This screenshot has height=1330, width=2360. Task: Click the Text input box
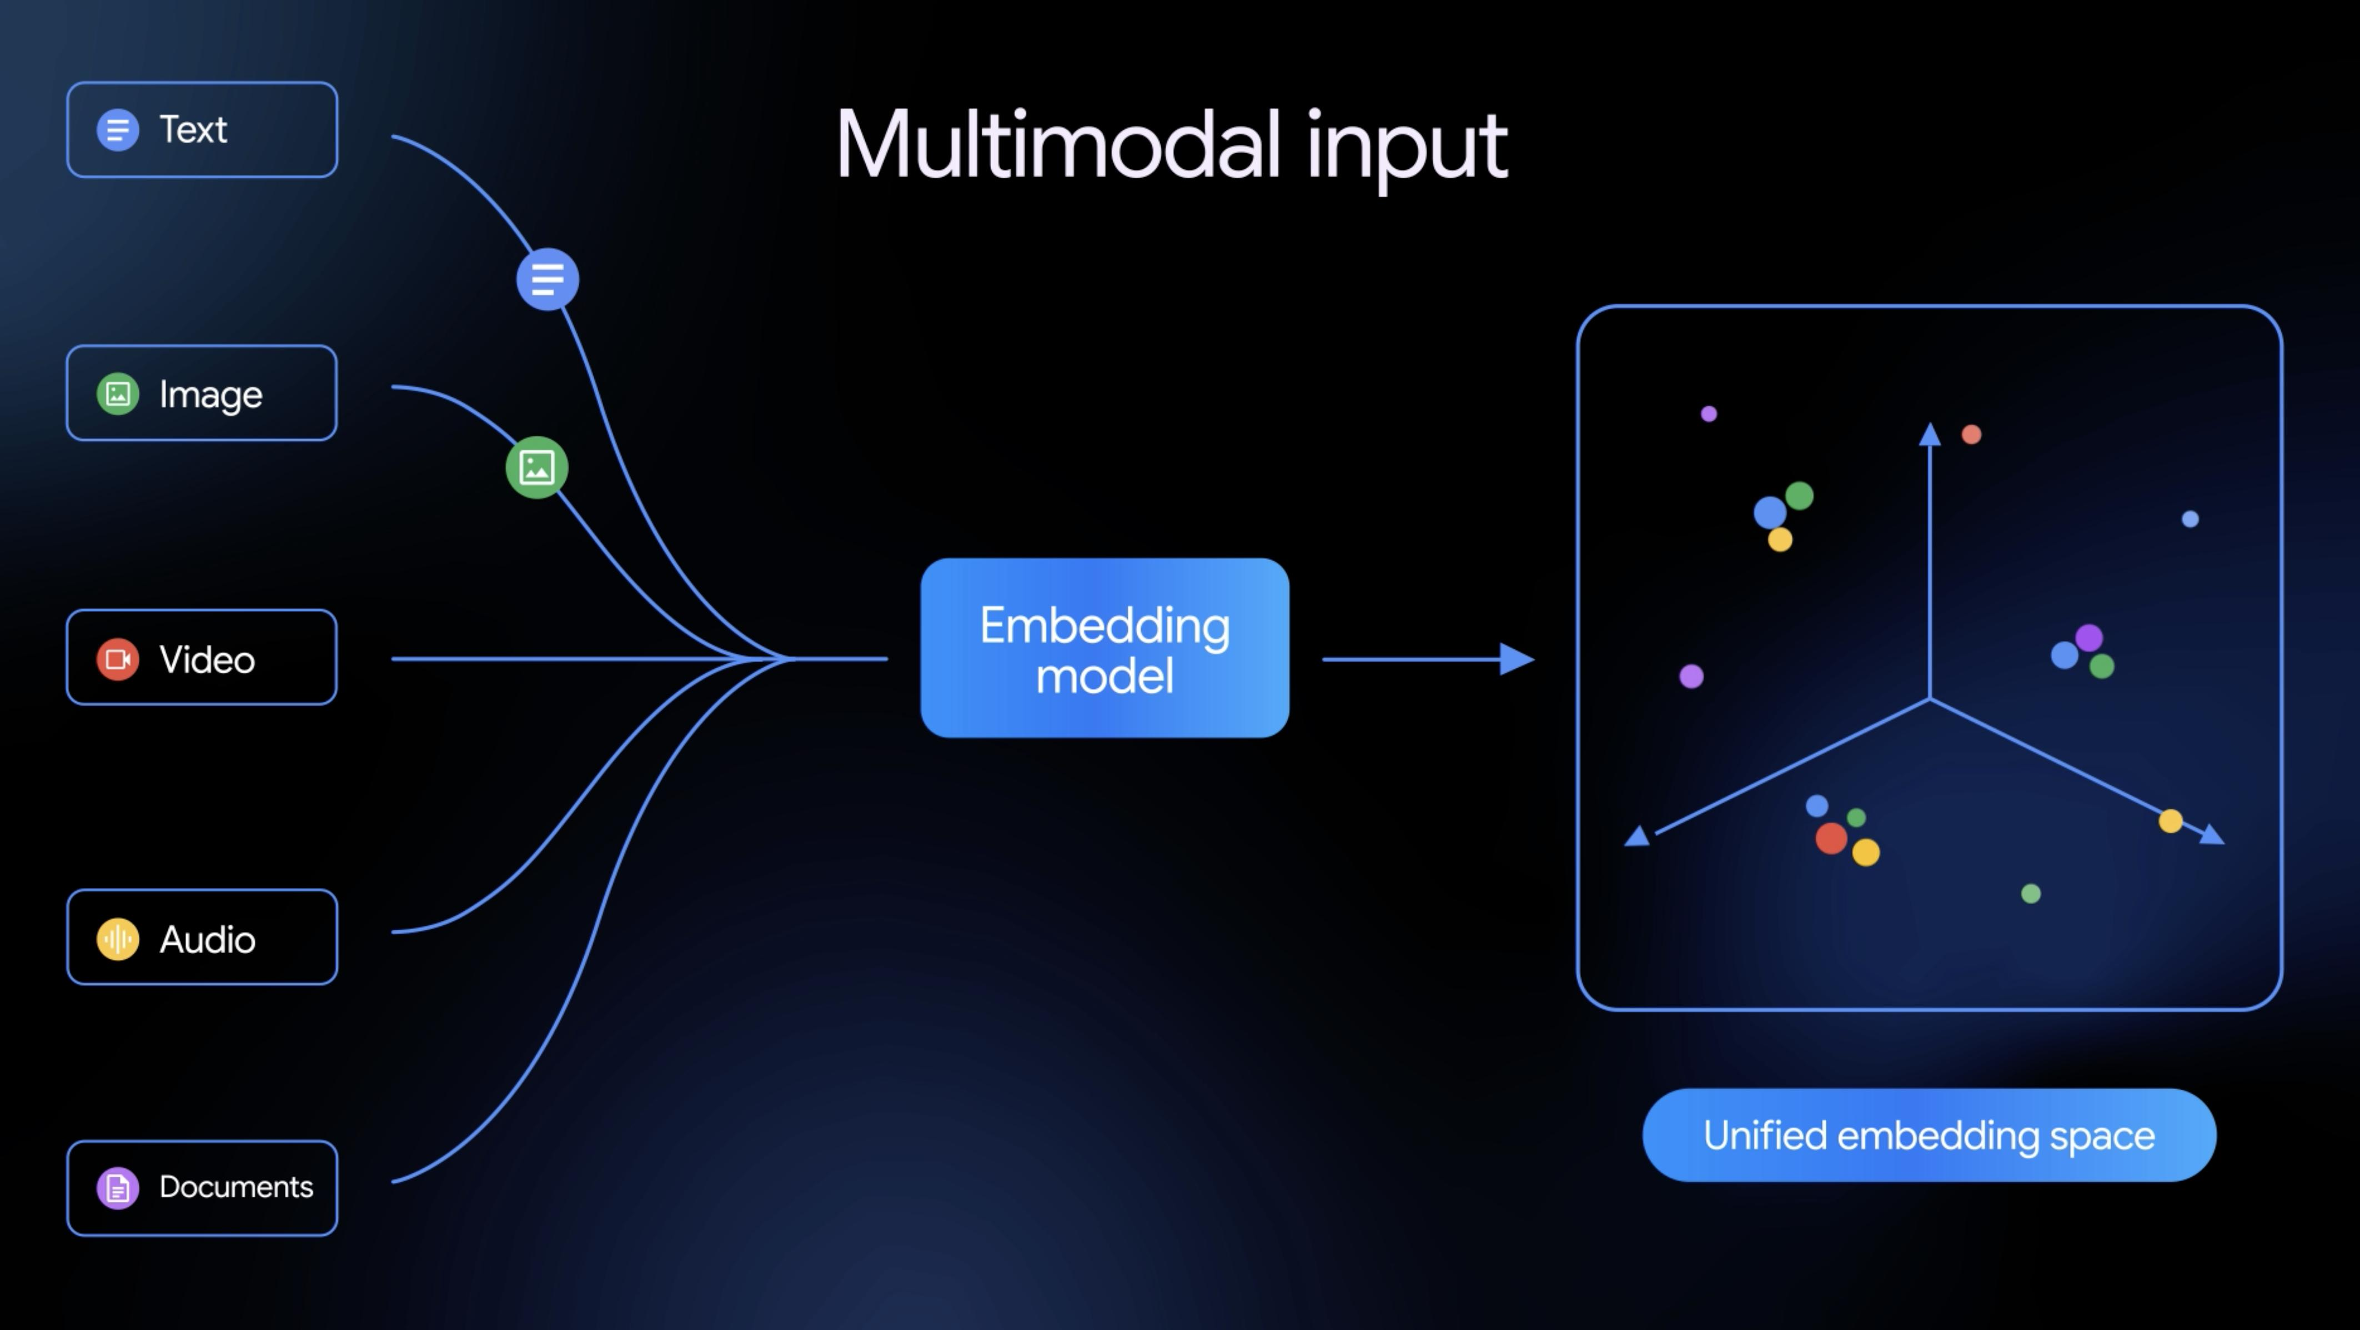203,129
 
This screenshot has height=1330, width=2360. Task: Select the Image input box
203,393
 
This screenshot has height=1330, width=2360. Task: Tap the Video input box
203,658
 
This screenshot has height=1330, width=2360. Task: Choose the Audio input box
203,937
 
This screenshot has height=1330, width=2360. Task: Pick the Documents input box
203,1188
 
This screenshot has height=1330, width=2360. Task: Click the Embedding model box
1105,648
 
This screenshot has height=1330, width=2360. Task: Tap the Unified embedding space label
1930,1136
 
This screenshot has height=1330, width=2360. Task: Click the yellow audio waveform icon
118,939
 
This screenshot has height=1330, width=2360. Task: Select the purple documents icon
118,1188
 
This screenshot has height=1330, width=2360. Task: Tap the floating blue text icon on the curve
548,279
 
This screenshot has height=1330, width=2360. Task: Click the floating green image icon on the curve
537,467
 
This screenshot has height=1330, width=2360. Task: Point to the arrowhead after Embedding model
1517,658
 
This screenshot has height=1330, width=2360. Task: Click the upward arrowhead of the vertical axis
1930,434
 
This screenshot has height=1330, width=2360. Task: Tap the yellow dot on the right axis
2170,821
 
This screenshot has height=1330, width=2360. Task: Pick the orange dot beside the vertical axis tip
1971,434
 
